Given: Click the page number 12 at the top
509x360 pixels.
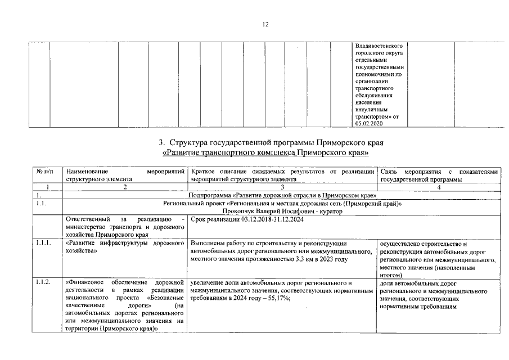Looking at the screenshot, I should coord(265,24).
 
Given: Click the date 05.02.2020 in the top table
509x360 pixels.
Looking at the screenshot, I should coord(368,123).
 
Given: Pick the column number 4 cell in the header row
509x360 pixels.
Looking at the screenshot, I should coord(439,187).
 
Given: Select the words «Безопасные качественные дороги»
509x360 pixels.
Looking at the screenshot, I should coord(127,301).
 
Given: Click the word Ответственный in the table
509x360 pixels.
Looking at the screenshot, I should coord(84,218).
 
